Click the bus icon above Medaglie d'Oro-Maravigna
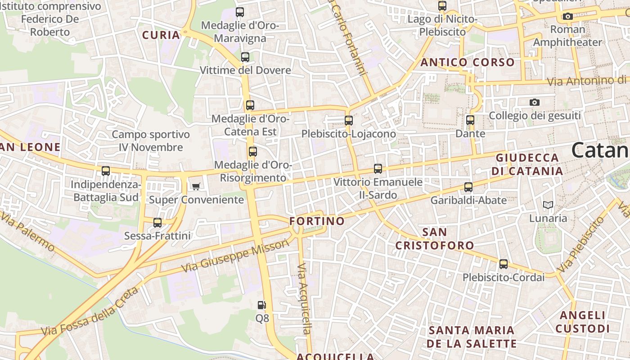(240, 12)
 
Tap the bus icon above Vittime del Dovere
(245, 57)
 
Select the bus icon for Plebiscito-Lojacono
(349, 121)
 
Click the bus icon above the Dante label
(470, 120)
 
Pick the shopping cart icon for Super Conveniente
(196, 186)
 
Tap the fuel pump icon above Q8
(262, 305)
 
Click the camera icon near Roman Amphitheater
(568, 17)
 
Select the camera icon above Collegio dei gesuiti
(535, 102)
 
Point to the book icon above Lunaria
(548, 205)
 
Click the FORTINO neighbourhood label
(317, 221)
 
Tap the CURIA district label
(161, 35)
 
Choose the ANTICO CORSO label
(468, 63)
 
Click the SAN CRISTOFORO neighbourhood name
(435, 239)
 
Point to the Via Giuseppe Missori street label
(235, 256)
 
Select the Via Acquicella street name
(305, 299)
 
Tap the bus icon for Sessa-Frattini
(157, 222)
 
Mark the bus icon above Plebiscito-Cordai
(504, 264)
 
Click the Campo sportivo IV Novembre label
(151, 141)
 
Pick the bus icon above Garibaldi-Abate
(468, 187)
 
